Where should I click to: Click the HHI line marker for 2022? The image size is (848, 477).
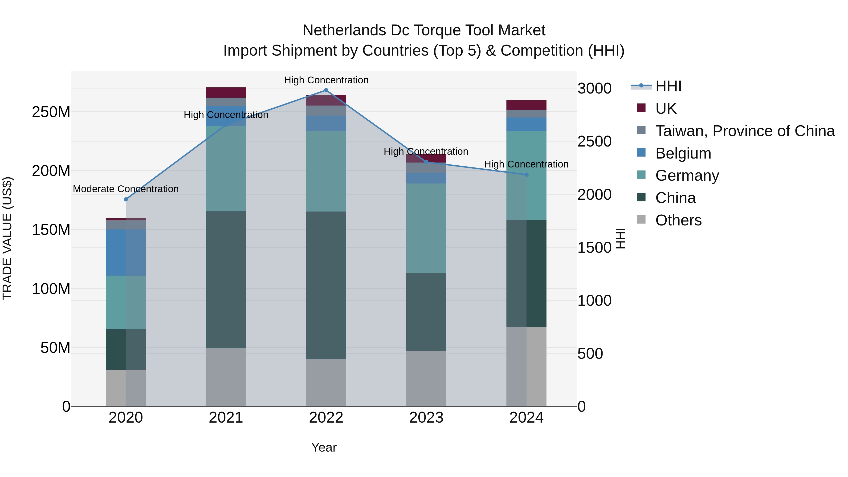tap(326, 90)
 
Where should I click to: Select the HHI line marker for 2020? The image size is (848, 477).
tap(126, 199)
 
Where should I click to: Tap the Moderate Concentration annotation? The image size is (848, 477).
tap(126, 189)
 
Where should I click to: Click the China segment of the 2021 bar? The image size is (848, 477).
tap(226, 280)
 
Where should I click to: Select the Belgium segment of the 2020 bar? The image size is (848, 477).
tap(126, 253)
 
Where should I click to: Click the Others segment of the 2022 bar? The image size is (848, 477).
tap(326, 382)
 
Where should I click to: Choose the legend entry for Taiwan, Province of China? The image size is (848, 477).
tap(745, 131)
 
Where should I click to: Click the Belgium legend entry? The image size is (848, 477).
tap(683, 153)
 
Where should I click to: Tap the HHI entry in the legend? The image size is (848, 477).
tap(668, 86)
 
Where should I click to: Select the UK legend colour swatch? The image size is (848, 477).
tap(641, 108)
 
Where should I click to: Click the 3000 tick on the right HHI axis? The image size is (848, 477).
tap(595, 89)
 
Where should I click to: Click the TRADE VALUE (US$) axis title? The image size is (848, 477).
tap(7, 238)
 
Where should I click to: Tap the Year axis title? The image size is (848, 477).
tap(324, 447)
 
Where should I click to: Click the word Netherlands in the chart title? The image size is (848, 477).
tap(344, 30)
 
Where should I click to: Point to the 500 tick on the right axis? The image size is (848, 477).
tap(590, 354)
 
